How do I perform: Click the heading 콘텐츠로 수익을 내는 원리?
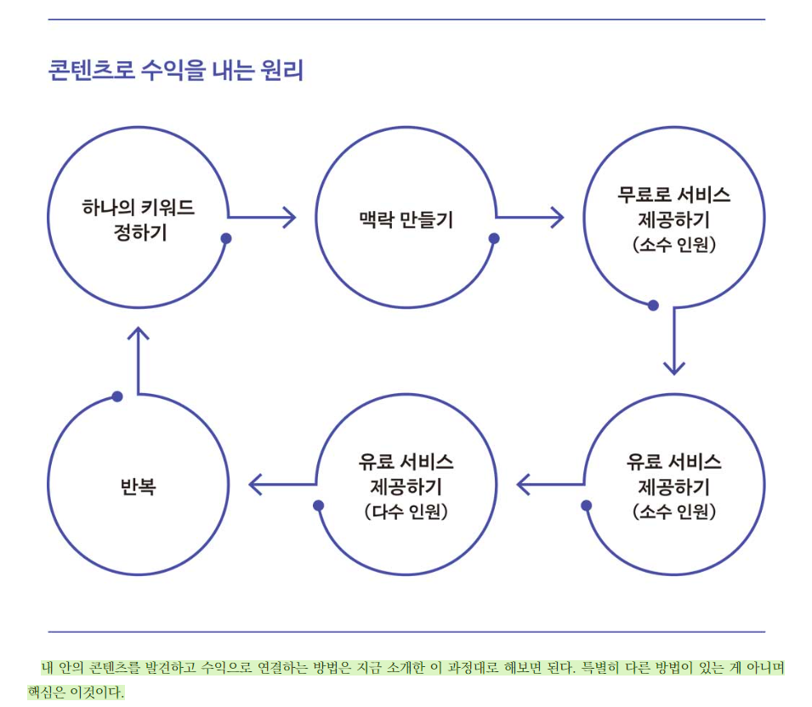[176, 70]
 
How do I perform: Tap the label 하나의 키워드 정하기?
[139, 220]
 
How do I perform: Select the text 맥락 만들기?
[406, 220]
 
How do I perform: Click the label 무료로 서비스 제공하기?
[673, 207]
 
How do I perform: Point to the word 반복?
[139, 487]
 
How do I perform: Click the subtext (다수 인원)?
[406, 513]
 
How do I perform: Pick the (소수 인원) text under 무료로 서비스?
[674, 245]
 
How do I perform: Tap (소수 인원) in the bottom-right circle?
[674, 512]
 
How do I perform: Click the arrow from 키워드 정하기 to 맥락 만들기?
[263, 218]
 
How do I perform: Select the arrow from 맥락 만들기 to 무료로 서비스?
[531, 218]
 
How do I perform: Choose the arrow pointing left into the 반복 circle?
[281, 486]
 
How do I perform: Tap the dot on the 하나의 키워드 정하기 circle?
[226, 239]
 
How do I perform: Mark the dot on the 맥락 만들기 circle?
[494, 239]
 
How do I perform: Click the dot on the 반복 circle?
[117, 396]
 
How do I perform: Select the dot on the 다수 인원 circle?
[319, 505]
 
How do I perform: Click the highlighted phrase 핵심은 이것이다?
[76, 692]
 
